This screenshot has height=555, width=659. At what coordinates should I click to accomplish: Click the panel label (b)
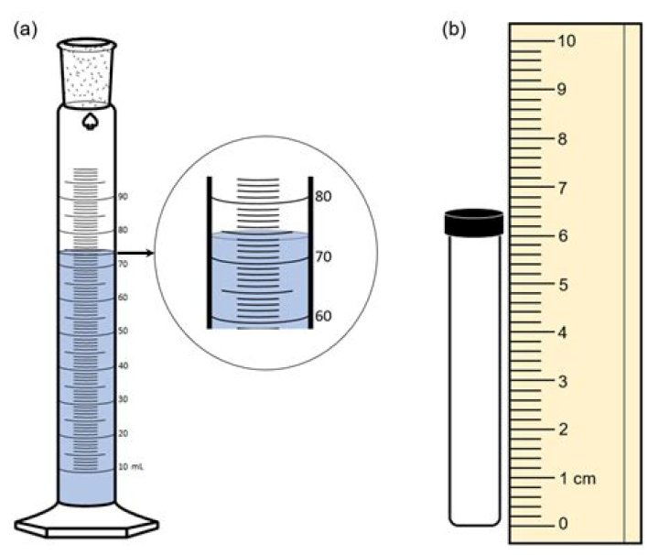point(454,29)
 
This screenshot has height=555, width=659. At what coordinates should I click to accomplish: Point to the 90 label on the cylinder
point(122,197)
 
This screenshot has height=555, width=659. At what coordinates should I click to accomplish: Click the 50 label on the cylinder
point(122,331)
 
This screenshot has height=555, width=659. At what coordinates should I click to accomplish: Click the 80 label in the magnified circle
point(322,196)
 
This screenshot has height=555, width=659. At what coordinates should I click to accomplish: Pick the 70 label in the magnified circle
point(322,257)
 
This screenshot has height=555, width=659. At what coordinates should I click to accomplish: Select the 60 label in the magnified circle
point(322,317)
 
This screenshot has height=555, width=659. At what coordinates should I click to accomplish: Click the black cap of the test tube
point(473,222)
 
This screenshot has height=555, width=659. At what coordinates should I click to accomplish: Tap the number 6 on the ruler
point(562,235)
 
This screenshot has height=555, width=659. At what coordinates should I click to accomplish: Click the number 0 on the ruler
point(562,524)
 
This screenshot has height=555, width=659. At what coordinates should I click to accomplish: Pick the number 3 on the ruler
point(562,380)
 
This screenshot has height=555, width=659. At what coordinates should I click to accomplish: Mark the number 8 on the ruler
point(562,139)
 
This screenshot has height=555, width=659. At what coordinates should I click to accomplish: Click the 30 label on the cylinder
point(122,398)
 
